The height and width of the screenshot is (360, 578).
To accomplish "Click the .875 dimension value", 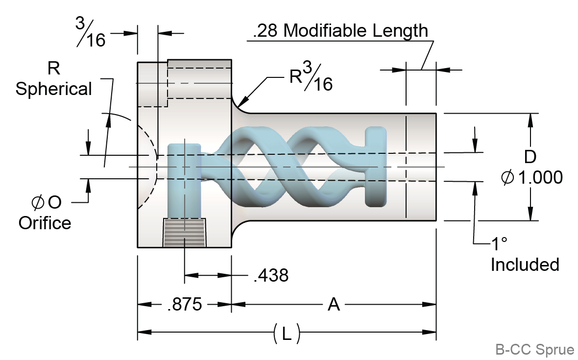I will (184, 305).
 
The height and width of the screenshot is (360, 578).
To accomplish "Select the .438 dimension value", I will (271, 276).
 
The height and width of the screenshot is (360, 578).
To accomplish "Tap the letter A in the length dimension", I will (334, 305).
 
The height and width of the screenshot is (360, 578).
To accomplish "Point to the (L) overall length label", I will (287, 334).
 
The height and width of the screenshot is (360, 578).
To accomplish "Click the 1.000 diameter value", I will (540, 178).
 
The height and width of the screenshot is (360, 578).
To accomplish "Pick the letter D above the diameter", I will (530, 157).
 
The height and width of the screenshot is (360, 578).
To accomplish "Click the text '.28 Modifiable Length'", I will (340, 31).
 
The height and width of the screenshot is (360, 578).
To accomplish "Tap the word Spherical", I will (53, 89).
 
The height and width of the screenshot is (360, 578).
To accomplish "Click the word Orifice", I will (45, 223).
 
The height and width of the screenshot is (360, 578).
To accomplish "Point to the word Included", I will (525, 264).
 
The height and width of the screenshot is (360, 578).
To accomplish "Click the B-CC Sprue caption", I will (534, 350).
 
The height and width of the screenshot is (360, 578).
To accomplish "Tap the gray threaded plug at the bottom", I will (184, 233).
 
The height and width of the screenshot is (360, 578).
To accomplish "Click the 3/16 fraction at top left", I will (91, 32).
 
